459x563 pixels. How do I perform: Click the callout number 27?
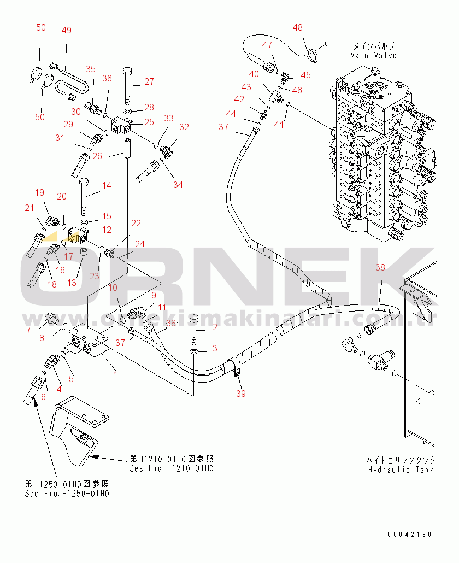149,83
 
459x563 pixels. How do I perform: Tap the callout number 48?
297,27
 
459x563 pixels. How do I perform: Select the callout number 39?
241,394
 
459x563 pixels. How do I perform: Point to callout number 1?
115,375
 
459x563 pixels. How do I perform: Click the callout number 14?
106,186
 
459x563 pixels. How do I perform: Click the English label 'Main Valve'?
374,55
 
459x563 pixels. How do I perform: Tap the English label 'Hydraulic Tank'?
401,470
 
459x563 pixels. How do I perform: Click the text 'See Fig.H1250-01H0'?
67,493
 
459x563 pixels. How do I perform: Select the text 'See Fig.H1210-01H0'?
172,468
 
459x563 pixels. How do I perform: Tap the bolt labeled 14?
84,197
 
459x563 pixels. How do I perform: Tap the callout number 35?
90,69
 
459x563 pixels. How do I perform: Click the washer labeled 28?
127,112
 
